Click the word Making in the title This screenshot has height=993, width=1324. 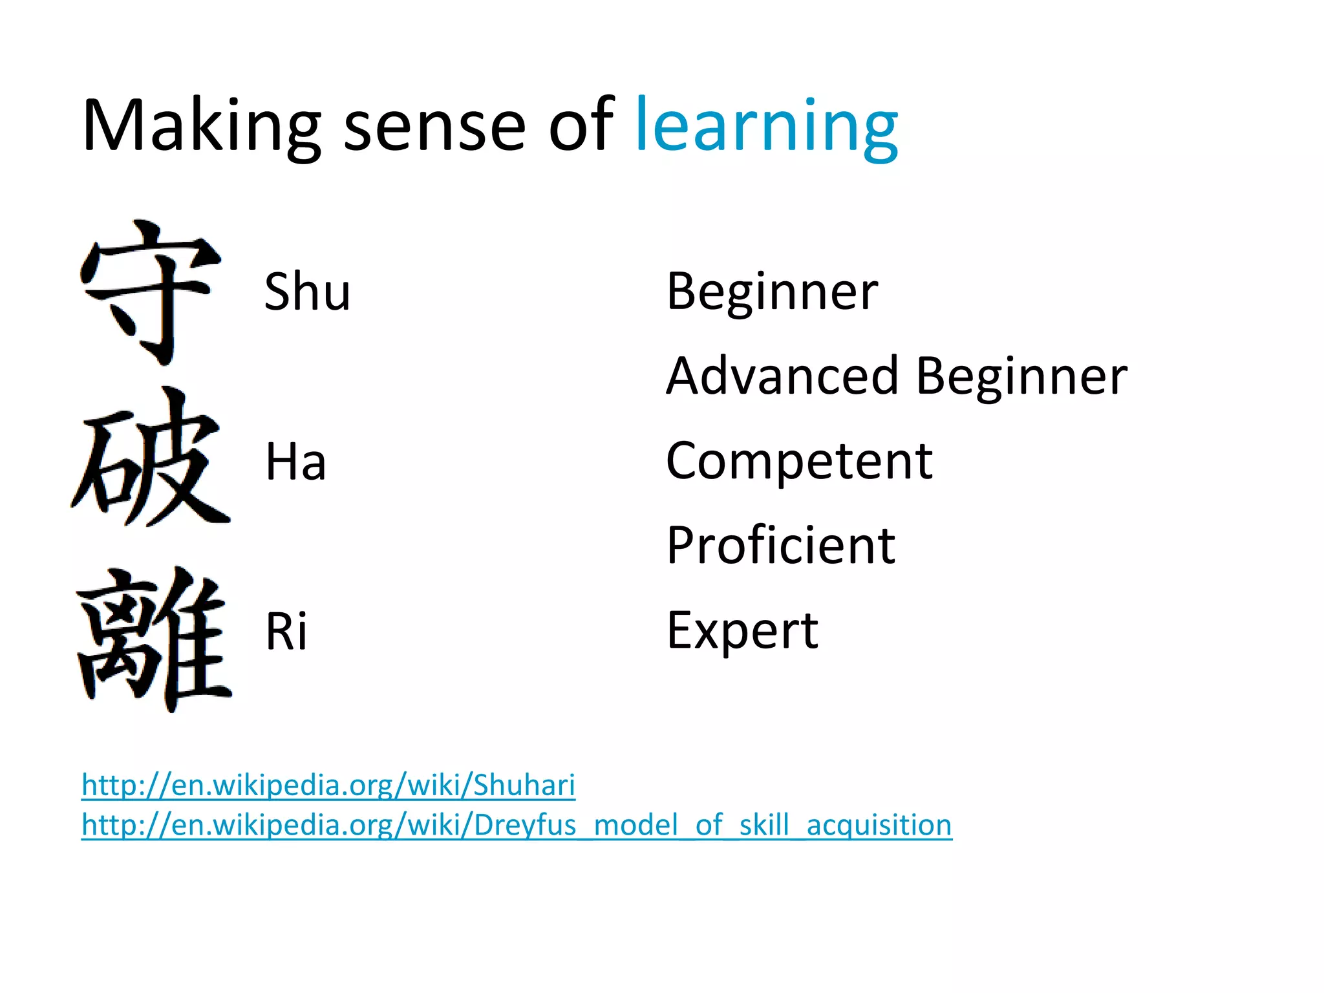pos(201,126)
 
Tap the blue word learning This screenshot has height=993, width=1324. pos(767,126)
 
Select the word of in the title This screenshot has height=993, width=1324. pos(581,126)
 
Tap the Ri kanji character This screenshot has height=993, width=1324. pos(154,639)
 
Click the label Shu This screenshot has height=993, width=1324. pos(307,292)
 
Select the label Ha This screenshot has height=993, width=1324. pos(295,462)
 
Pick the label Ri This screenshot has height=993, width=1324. pos(286,632)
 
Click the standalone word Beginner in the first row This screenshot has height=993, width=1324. pos(772,292)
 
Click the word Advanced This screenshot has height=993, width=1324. pos(782,376)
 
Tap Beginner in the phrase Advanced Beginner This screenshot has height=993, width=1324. pos(1021,376)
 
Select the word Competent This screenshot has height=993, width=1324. pos(799,461)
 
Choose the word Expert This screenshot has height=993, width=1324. pos(742,631)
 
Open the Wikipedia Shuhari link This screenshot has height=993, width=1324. pos(328,785)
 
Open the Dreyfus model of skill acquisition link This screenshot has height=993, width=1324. pos(517,826)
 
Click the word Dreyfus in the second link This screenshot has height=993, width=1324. pos(525,826)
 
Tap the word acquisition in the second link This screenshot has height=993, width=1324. pos(879,826)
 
